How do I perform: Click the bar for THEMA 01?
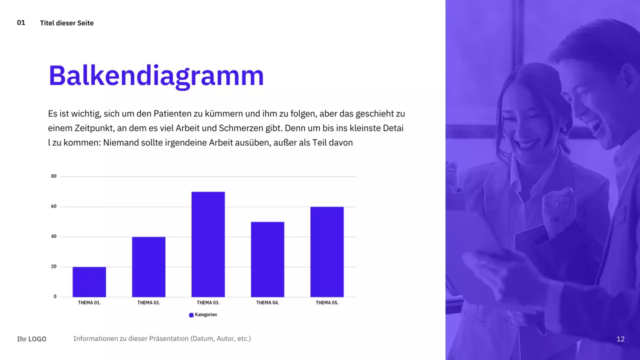click(x=89, y=282)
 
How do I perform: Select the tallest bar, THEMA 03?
click(x=208, y=244)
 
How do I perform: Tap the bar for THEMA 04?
click(x=267, y=259)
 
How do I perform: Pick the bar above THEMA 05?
click(x=327, y=252)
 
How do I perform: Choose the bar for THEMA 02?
click(x=148, y=267)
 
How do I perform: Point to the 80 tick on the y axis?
click(x=54, y=176)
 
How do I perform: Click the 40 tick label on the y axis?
click(x=54, y=236)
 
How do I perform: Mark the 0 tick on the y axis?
click(x=55, y=297)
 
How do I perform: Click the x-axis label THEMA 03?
click(x=208, y=303)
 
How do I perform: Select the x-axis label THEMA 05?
click(x=327, y=303)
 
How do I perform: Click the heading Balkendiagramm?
click(x=156, y=76)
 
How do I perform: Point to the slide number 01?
click(x=21, y=22)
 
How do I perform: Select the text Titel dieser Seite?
click(x=66, y=23)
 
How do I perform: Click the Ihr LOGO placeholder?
click(x=31, y=339)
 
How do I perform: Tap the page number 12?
click(x=620, y=339)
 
